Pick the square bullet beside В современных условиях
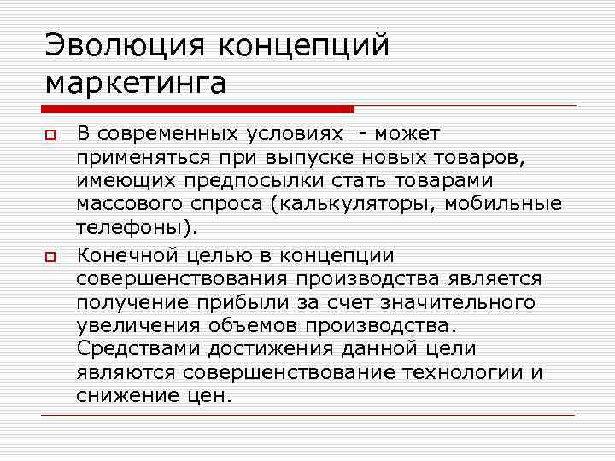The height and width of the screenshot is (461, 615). point(51,135)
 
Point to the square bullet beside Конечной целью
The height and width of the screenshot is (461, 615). point(51,256)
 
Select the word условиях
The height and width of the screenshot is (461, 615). point(295,134)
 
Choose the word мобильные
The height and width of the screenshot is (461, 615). point(512,206)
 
